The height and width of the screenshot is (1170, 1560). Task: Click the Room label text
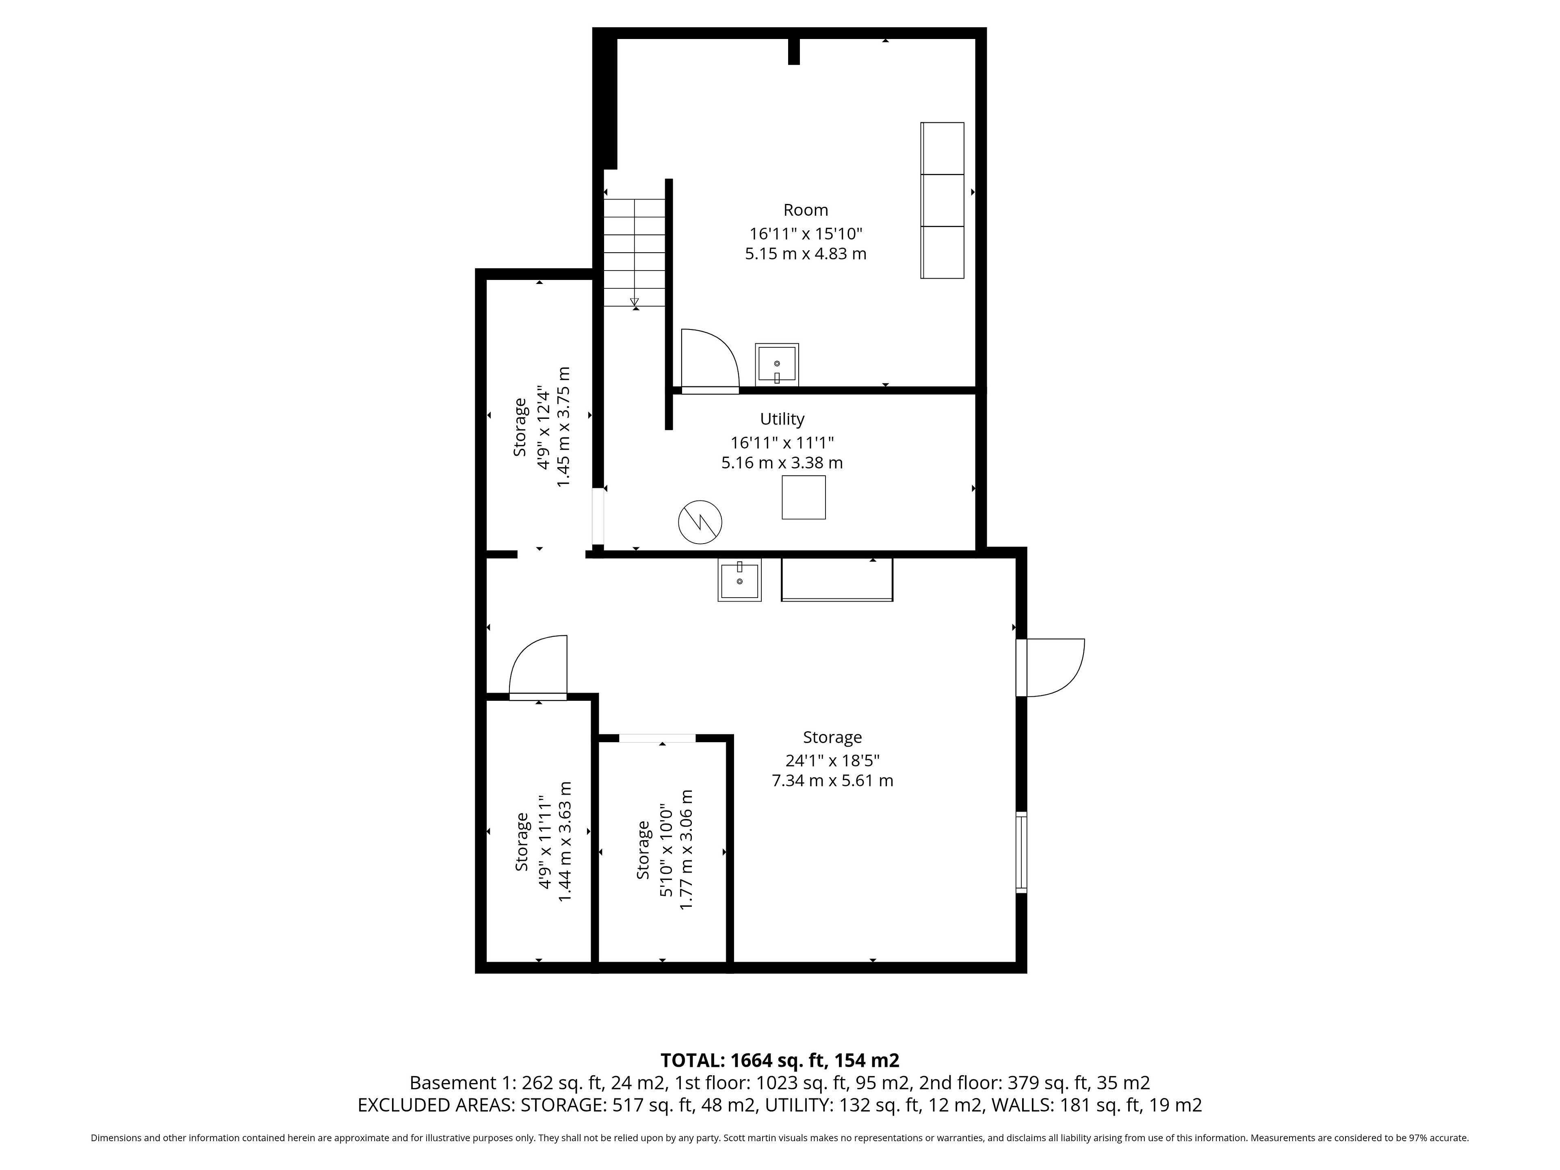click(x=805, y=210)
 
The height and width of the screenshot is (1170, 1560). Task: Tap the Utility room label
click(x=782, y=419)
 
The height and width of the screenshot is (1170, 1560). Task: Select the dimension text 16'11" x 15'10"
click(x=805, y=234)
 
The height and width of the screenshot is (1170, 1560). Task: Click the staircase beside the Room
click(x=635, y=252)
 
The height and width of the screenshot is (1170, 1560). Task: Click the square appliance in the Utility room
click(x=803, y=497)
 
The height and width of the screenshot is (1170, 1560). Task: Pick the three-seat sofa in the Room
click(x=942, y=200)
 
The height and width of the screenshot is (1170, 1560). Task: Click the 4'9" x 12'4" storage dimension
click(x=543, y=427)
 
